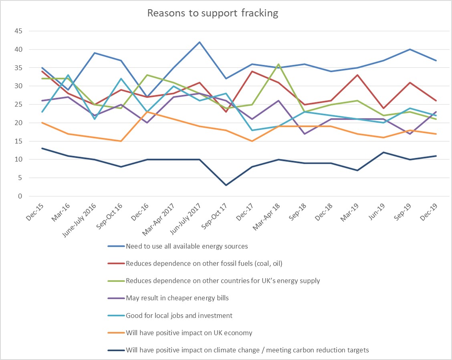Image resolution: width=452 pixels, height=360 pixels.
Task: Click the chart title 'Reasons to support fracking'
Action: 212,13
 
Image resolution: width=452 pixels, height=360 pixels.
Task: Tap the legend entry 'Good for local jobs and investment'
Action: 179,316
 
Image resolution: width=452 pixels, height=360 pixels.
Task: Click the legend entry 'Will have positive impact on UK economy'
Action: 188,333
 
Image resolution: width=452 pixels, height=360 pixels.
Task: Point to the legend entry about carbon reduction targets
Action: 247,350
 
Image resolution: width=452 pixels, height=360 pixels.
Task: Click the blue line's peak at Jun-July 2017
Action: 199,42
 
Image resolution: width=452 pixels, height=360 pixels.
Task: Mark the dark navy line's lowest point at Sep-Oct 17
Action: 226,185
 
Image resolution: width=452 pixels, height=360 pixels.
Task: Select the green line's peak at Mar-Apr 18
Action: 278,64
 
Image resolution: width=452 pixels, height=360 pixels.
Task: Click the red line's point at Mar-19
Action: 357,75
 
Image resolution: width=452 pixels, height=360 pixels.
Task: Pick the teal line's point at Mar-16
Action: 68,75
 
